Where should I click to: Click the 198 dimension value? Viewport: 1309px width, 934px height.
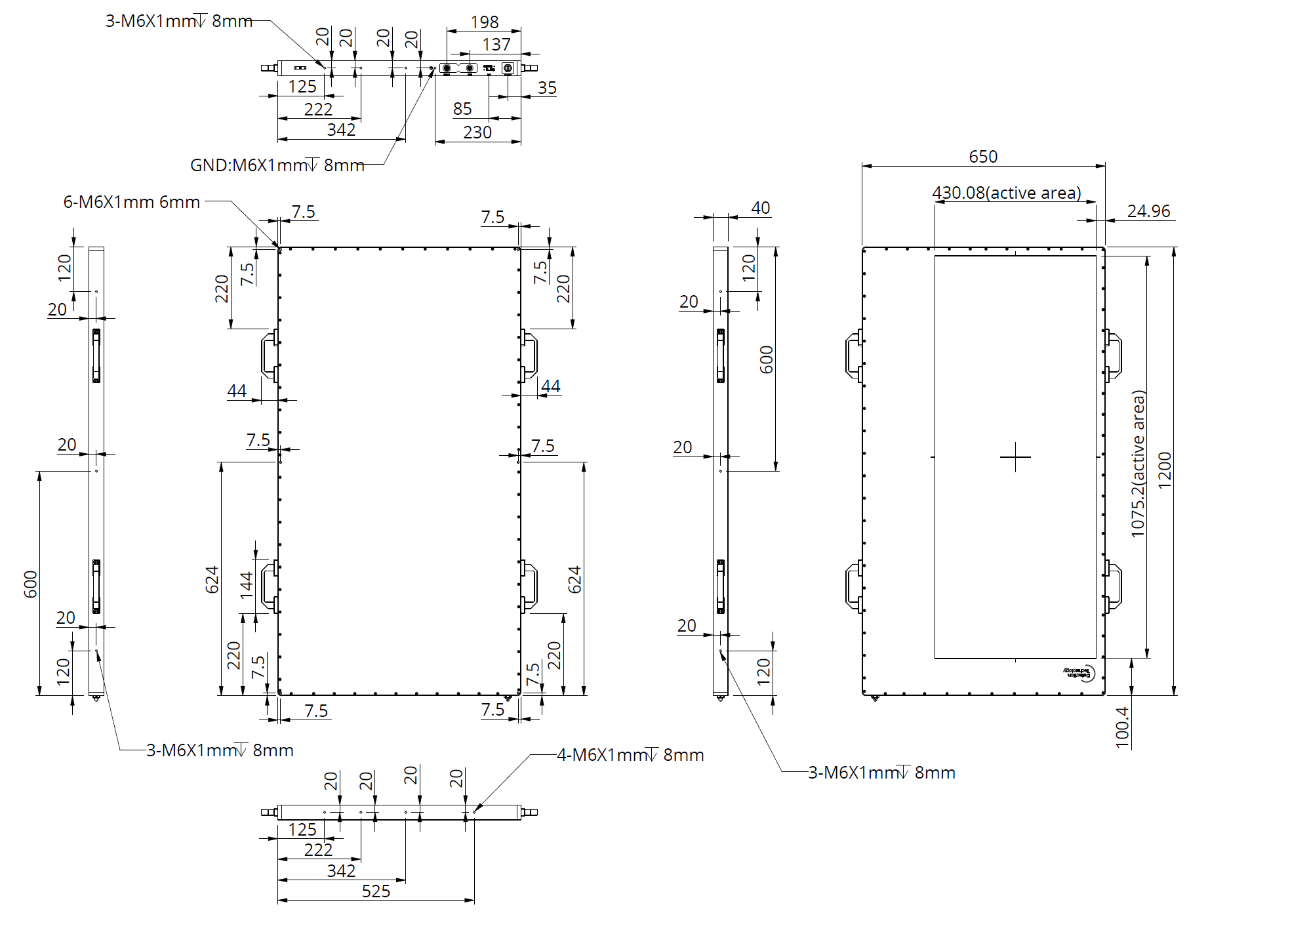(485, 22)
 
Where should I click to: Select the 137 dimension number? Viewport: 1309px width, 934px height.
(496, 45)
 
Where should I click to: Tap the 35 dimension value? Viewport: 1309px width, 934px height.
(547, 88)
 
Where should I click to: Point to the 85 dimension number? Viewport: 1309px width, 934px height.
(462, 109)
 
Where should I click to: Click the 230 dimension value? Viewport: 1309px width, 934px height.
(477, 132)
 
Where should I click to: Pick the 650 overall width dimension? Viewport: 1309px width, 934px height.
(983, 157)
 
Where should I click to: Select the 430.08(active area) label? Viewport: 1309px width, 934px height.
(1007, 193)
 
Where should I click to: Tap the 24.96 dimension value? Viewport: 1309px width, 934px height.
(1148, 211)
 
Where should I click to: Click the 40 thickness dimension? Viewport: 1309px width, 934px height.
(761, 208)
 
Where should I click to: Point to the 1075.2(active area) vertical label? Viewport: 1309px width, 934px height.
(1138, 464)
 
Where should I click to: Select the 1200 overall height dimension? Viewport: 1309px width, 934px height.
(1165, 470)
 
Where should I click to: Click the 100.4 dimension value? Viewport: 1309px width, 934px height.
(1122, 727)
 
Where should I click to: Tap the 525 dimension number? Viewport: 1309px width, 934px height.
(376, 891)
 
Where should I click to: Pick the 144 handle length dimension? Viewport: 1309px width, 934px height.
(247, 585)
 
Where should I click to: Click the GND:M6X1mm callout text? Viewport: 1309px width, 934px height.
(277, 165)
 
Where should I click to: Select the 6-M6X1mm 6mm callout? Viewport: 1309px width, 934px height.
(131, 202)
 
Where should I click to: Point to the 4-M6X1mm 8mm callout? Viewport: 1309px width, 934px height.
(630, 755)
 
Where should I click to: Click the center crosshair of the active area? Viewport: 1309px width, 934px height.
(1015, 457)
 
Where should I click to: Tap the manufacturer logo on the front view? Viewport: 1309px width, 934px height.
(1080, 673)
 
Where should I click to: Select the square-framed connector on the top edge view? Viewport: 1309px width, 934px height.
(507, 68)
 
